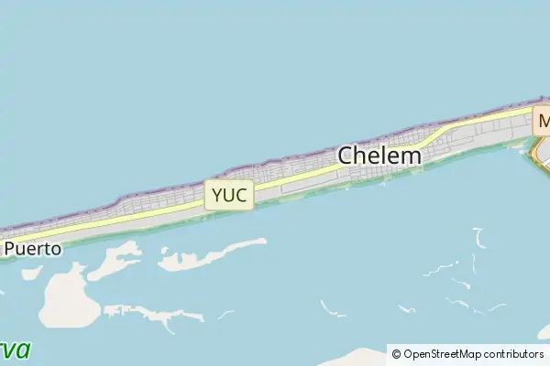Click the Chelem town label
pos(379,156)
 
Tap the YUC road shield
pos(228,195)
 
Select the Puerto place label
pos(33,248)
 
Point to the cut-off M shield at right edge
pos(543,121)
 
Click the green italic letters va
pos(16,350)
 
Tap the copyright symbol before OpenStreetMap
pos(397,354)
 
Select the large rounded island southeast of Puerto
pos(69,300)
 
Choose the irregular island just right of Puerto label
pos(115,260)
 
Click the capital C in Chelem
pos(346,156)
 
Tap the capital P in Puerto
pos(10,248)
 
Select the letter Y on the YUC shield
pos(217,195)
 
